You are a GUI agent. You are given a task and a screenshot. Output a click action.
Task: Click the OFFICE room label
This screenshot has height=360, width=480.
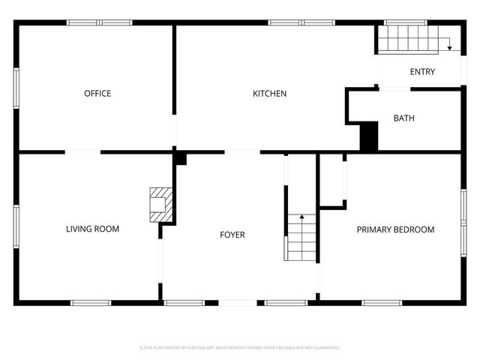97,94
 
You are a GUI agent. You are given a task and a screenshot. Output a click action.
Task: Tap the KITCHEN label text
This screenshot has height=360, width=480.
269,94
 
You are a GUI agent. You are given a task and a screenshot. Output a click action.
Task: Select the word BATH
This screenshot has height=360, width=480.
404,118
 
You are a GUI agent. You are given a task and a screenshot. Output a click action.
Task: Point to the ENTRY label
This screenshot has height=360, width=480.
422,72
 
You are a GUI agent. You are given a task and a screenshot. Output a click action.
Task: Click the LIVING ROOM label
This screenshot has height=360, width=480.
92,229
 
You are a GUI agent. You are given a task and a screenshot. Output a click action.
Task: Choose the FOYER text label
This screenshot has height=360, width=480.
232,235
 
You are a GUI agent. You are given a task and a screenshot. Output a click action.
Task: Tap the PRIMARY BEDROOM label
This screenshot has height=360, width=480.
395,229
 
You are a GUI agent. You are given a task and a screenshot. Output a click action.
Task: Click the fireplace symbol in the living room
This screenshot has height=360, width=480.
160,204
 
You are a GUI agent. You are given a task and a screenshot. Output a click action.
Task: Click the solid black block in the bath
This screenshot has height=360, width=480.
369,136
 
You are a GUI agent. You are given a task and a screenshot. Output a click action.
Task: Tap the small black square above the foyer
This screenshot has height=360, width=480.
180,158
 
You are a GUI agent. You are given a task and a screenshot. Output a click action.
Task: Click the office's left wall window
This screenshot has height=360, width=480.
16,88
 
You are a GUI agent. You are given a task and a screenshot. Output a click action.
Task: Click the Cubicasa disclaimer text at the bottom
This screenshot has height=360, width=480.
240,348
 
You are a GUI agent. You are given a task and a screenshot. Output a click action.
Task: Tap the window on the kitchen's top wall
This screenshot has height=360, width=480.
301,22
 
